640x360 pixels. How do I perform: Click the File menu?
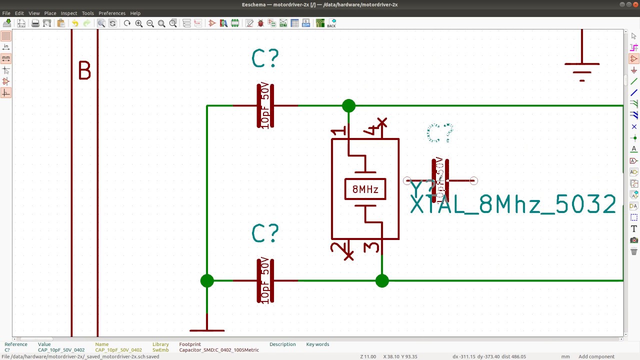[6, 13]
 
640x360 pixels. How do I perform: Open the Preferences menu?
[112, 13]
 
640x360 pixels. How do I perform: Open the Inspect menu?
[69, 13]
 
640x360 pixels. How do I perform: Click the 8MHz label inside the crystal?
[365, 189]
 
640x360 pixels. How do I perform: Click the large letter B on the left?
[84, 71]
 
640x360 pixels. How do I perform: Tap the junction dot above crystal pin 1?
[349, 106]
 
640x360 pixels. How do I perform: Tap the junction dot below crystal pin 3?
[382, 281]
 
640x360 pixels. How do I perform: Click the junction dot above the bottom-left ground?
[207, 281]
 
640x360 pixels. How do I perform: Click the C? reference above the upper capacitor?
[265, 59]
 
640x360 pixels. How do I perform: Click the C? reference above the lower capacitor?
[265, 233]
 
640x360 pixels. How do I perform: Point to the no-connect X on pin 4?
[382, 122]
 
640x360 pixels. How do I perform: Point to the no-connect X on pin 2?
[349, 255]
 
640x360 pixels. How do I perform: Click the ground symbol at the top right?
[582, 67]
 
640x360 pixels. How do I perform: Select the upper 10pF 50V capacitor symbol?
[265, 106]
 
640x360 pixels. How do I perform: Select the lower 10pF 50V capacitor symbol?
[265, 281]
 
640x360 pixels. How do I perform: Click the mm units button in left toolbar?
[6, 58]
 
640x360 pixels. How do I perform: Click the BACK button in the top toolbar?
[331, 23]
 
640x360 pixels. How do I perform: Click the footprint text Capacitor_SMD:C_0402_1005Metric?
[219, 350]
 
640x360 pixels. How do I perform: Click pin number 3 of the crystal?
[371, 247]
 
